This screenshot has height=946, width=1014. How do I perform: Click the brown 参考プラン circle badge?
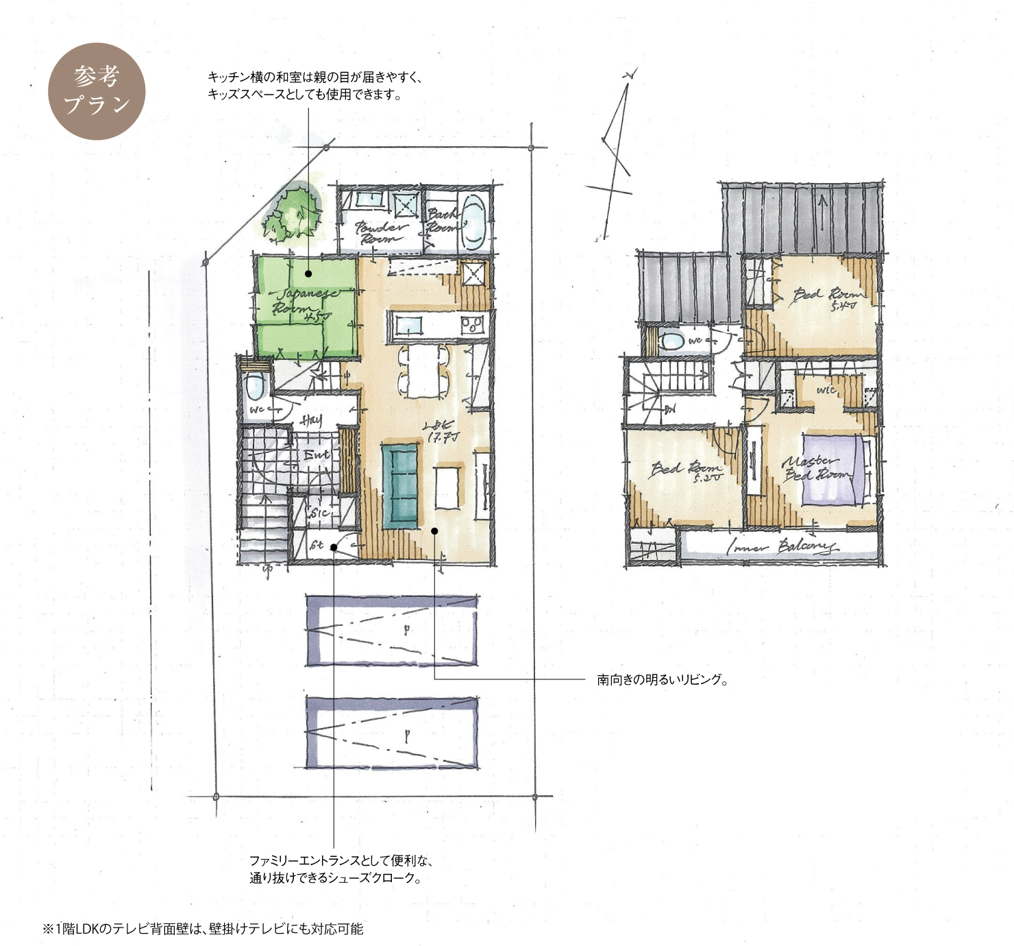coord(97,91)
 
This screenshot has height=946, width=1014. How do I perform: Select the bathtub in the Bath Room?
coord(473,221)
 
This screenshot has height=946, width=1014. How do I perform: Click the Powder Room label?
coord(380,232)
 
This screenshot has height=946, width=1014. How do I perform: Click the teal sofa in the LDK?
coord(400,485)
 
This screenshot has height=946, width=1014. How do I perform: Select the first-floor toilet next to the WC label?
coord(255,387)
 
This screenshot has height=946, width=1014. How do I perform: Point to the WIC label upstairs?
coord(826,390)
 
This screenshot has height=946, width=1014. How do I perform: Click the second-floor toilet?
coord(673,341)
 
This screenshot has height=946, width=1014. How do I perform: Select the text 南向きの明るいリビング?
coord(662,680)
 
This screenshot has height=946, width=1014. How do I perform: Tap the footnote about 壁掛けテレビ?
coord(203,930)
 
